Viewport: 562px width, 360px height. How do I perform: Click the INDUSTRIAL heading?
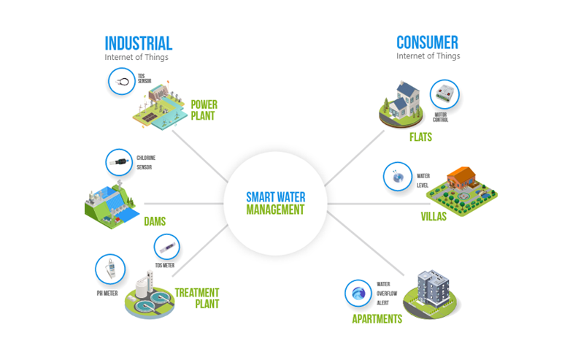138,43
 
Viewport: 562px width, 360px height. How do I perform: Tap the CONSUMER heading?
427,43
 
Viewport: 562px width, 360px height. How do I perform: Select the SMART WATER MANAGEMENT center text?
275,203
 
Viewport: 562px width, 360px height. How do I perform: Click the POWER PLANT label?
204,110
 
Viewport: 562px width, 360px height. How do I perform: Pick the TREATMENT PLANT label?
196,299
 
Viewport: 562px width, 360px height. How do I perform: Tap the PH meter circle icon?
109,269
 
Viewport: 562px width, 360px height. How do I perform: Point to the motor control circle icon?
443,94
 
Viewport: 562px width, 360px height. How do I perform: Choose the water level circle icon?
398,177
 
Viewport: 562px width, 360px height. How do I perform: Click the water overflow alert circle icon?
358,294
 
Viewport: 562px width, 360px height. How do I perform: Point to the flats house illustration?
404,102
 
